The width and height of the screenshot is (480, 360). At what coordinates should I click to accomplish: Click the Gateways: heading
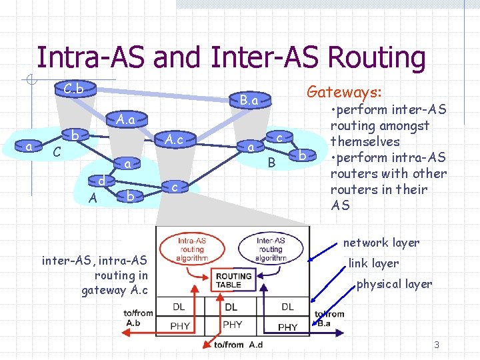pos(344,91)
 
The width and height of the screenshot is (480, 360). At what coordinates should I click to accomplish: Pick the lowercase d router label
pos(100,181)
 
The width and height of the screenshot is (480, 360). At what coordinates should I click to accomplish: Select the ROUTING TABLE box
pos(233,280)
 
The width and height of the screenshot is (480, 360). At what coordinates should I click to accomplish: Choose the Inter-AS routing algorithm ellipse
pos(271,249)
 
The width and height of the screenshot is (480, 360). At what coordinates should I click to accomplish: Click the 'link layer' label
pos(373,263)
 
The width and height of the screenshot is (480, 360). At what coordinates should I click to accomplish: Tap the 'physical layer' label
pos(394,284)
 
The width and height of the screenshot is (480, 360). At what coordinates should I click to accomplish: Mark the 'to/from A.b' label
pos(139,317)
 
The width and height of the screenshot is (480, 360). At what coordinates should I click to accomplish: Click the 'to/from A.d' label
pos(238,345)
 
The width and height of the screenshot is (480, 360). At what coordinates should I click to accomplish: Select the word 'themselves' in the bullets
pos(365,141)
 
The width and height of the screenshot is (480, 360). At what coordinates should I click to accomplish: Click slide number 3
pos(436,345)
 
